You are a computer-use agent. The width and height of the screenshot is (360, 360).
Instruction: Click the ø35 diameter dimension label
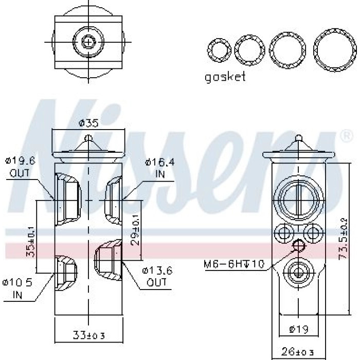[x=88, y=123]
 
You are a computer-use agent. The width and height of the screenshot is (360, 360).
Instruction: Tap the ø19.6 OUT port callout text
[x=20, y=167]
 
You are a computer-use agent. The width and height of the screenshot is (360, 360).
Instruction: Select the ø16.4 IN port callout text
[x=160, y=168]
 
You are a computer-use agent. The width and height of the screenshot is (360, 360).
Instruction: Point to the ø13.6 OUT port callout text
[x=157, y=277]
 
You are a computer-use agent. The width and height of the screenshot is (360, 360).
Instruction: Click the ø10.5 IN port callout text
[x=17, y=289]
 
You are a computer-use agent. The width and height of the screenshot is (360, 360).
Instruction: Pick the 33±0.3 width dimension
[x=89, y=335]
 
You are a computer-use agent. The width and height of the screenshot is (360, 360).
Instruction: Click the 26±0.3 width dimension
[x=298, y=351]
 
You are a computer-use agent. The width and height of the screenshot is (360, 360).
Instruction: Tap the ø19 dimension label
[x=298, y=330]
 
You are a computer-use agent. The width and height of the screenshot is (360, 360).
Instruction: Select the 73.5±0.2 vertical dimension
[x=344, y=239]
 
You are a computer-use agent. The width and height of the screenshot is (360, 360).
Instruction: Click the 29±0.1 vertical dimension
[x=136, y=230]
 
